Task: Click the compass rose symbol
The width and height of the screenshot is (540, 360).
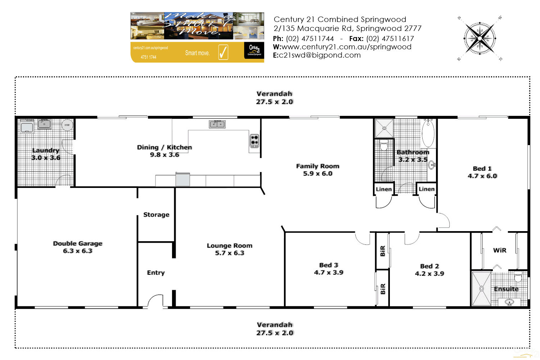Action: point(480,38)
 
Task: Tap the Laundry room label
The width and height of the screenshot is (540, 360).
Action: point(46,150)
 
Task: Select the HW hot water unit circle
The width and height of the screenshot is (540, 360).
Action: point(67,125)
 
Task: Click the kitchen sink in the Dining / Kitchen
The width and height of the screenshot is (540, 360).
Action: point(217,124)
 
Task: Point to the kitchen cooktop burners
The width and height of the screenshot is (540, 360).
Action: point(255,141)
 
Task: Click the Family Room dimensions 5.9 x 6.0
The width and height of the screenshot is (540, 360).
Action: point(318,174)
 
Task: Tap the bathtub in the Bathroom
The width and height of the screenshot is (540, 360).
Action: point(428,133)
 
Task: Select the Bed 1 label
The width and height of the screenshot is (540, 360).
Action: point(482,168)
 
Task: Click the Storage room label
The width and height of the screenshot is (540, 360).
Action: point(156,215)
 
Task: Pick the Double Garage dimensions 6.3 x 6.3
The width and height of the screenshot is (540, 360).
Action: point(78,251)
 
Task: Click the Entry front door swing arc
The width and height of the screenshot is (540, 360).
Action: point(156,301)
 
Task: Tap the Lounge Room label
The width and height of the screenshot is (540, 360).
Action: point(230,246)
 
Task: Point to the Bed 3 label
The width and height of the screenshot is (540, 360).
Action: point(329,265)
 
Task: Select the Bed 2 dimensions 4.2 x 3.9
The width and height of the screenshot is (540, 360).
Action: point(429,274)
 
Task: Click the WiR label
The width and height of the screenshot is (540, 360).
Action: point(500,250)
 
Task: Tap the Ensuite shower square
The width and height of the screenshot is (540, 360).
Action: point(481,289)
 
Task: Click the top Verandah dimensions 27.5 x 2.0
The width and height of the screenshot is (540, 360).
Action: point(274,102)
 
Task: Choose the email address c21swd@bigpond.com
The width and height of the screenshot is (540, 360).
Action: point(320,55)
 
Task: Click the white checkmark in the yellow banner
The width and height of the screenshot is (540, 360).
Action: point(223,52)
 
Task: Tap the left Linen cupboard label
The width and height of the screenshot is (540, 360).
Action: point(384,189)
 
